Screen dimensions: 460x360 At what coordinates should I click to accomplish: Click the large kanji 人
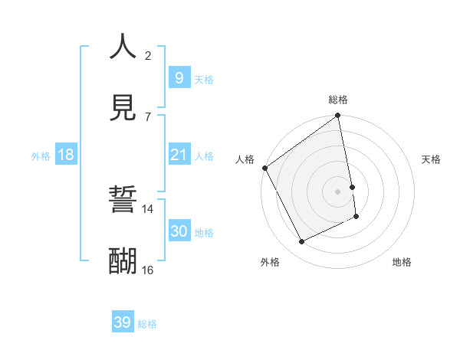tap(123, 47)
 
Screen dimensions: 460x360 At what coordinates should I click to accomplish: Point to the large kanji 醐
tap(123, 260)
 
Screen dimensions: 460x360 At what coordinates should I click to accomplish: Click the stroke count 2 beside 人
tap(148, 56)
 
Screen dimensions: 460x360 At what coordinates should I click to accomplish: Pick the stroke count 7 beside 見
tap(148, 116)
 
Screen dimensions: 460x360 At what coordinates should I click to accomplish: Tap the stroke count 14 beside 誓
tap(148, 208)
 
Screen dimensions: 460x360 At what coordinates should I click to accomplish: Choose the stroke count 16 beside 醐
tap(148, 270)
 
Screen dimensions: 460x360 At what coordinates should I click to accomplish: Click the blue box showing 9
tap(179, 77)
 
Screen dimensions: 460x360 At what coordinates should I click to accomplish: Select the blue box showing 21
tap(179, 155)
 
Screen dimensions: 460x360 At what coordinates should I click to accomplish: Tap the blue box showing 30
tap(179, 231)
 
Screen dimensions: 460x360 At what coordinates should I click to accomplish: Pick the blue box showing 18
tap(66, 155)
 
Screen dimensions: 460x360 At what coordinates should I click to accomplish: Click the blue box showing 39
tap(123, 322)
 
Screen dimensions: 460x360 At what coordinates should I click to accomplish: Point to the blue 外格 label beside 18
tap(41, 156)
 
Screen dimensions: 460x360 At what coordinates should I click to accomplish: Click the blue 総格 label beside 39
tap(147, 324)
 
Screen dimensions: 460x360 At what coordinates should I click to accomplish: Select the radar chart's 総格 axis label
tap(338, 100)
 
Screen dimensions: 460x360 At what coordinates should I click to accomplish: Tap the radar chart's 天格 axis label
tap(431, 159)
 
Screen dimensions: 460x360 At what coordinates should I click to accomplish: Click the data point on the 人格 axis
tap(265, 168)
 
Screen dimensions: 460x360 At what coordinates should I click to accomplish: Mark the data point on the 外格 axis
tap(302, 242)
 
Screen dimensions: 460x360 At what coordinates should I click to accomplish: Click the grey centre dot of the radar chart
tap(338, 191)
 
